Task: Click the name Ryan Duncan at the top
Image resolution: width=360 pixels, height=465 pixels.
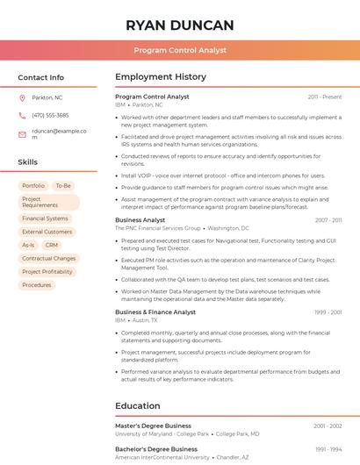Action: [x=180, y=25]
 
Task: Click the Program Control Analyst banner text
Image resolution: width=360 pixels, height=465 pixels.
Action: [x=180, y=51]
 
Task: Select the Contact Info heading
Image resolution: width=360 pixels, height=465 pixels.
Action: [x=41, y=77]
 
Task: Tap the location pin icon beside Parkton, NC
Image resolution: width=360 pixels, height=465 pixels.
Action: [x=22, y=97]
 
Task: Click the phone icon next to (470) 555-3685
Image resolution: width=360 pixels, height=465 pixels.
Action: [x=22, y=115]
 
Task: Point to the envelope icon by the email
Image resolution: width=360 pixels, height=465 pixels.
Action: [x=22, y=134]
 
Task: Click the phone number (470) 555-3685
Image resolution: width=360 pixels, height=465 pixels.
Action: [x=50, y=115]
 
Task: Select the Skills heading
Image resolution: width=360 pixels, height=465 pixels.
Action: [x=28, y=162]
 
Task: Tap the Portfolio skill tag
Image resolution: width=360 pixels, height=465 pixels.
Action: [x=33, y=186]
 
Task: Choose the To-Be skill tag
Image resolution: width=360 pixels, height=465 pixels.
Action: [x=63, y=186]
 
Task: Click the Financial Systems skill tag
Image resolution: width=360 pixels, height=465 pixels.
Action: [x=45, y=218]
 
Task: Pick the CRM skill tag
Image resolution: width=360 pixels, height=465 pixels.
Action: [x=52, y=245]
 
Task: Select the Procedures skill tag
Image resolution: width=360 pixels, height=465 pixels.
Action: [x=37, y=285]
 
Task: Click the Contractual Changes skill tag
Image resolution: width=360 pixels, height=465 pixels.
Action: [x=48, y=259]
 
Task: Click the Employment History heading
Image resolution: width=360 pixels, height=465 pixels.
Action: [x=161, y=77]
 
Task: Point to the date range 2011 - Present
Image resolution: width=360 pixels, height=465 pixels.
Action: [x=325, y=97]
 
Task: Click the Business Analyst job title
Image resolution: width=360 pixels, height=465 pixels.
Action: [x=140, y=220]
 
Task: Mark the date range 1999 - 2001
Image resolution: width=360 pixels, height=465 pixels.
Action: [x=328, y=312]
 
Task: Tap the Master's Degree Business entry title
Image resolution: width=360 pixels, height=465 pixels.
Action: [x=153, y=426]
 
